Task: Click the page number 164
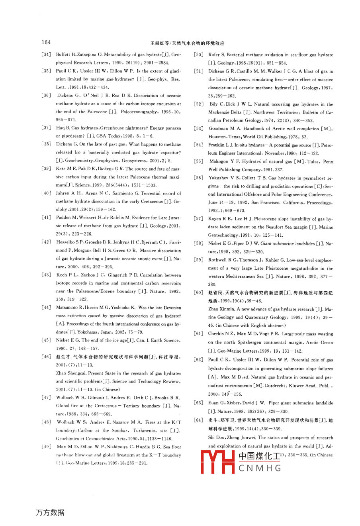tap(46, 43)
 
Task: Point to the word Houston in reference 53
tap(217, 136)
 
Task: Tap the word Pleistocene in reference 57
tap(249, 219)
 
